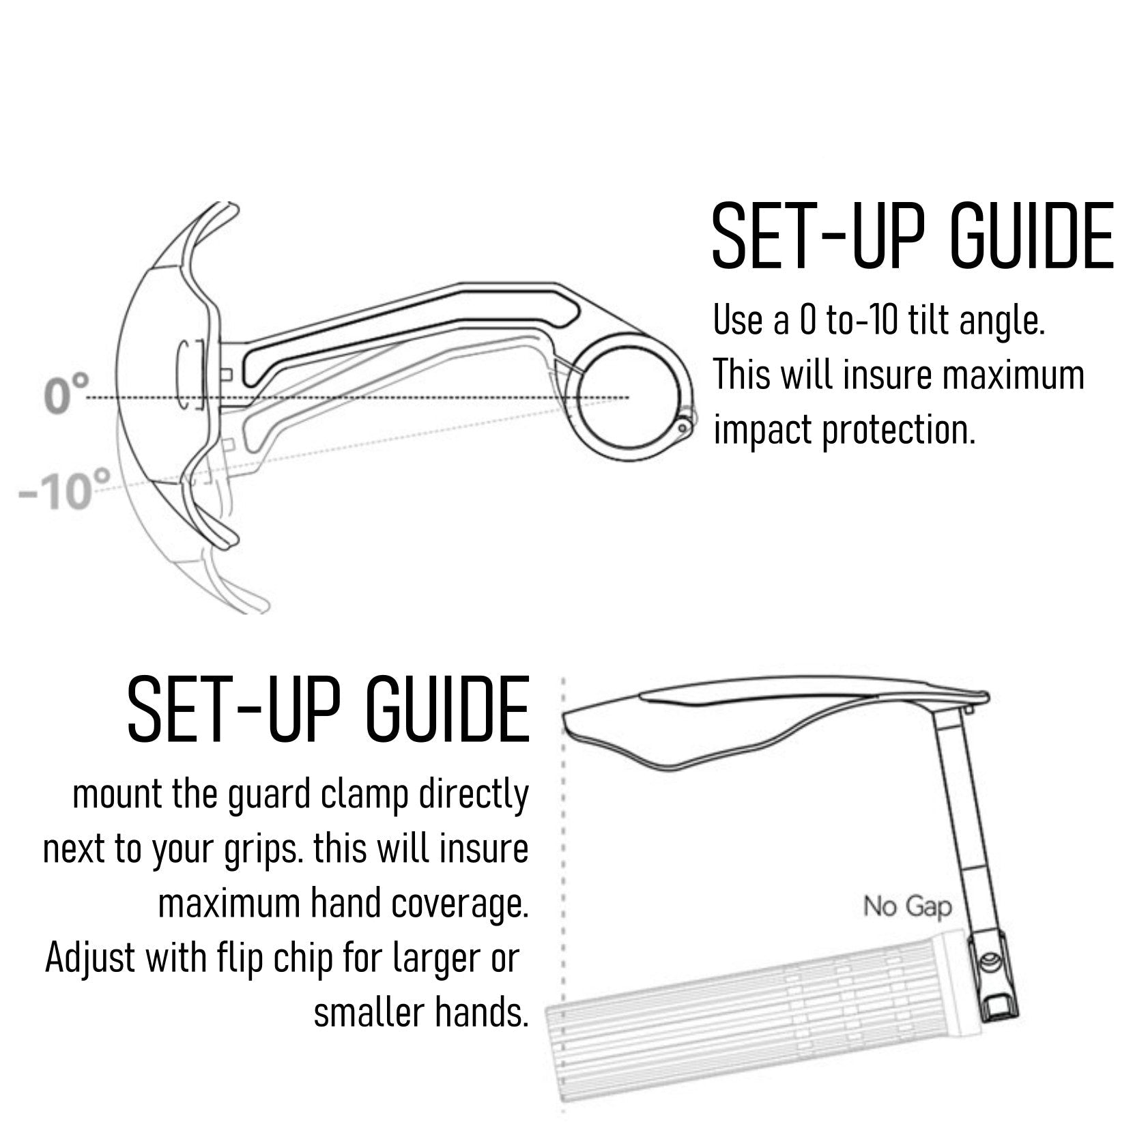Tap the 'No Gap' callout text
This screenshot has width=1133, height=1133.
click(x=907, y=907)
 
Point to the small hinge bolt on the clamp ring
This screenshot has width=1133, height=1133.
click(x=683, y=427)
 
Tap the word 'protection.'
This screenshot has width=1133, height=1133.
click(x=898, y=430)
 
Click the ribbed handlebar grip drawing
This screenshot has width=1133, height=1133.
click(x=758, y=1024)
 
